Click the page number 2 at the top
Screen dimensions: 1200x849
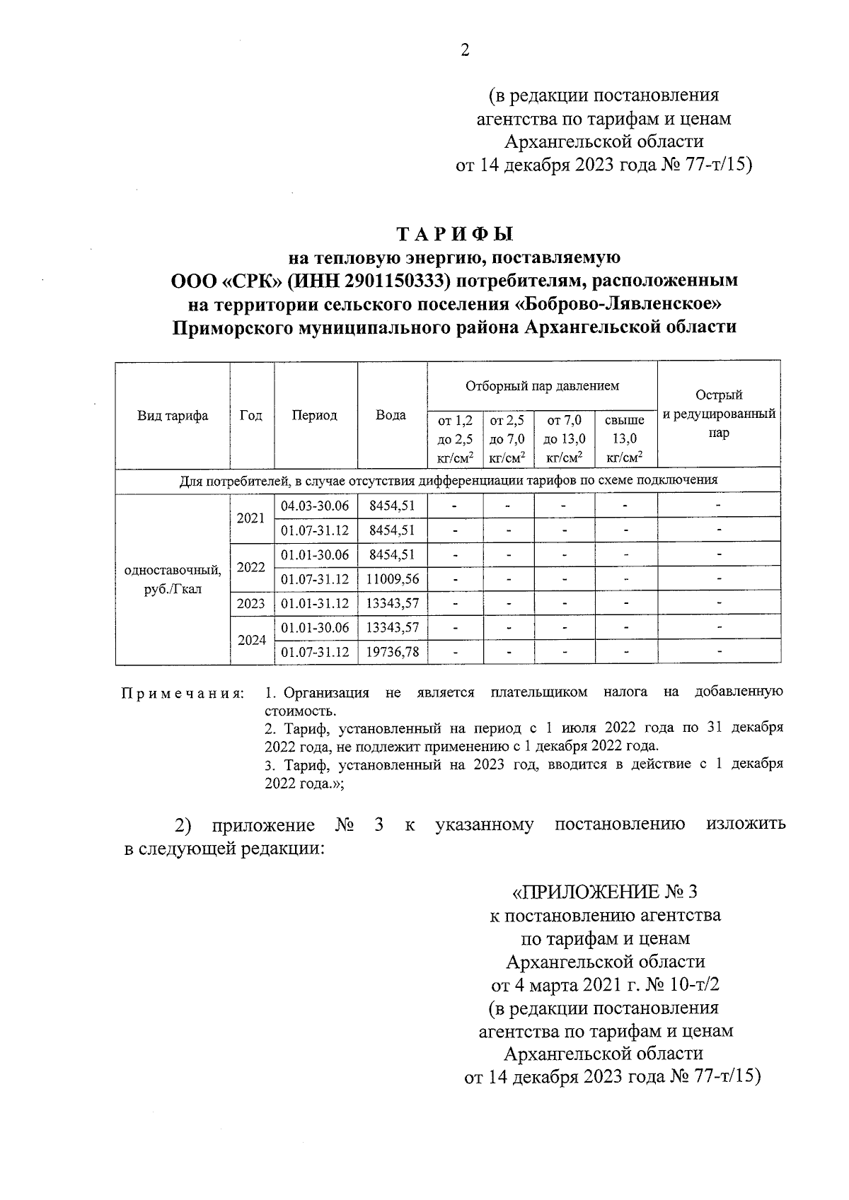pyautogui.click(x=465, y=50)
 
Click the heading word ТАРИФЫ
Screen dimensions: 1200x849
pyautogui.click(x=454, y=234)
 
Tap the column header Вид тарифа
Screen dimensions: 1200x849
pyautogui.click(x=173, y=415)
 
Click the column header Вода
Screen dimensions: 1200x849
pyautogui.click(x=391, y=415)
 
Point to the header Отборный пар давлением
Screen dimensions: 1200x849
pyautogui.click(x=542, y=386)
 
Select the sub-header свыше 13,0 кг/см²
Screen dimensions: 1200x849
pyautogui.click(x=625, y=438)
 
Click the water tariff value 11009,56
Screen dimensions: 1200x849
pyautogui.click(x=393, y=579)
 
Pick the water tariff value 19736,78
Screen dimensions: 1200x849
pyautogui.click(x=393, y=652)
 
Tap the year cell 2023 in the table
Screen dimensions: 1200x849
pyautogui.click(x=251, y=604)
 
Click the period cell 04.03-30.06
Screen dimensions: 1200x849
pyautogui.click(x=316, y=506)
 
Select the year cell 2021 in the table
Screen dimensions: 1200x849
pyautogui.click(x=251, y=518)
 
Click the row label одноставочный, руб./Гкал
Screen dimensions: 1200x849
pyautogui.click(x=173, y=579)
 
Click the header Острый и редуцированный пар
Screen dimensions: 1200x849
pyautogui.click(x=719, y=414)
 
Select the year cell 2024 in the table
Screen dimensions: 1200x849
pyautogui.click(x=251, y=640)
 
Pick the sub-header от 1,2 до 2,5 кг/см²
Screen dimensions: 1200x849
pyautogui.click(x=455, y=438)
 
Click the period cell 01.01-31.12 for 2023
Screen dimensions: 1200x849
pyautogui.click(x=316, y=604)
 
